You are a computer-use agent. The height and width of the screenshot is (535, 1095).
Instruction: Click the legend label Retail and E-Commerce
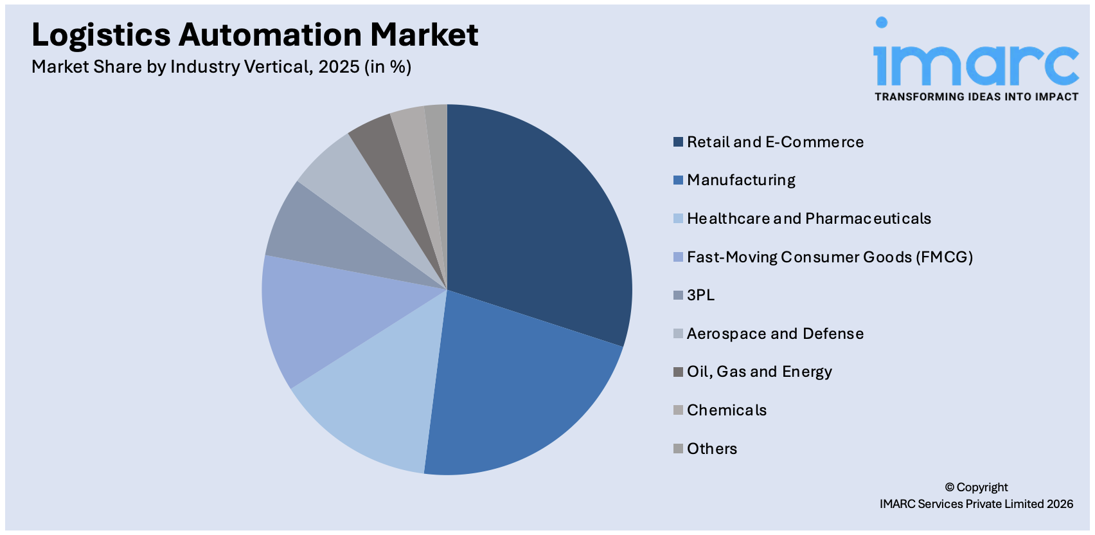[x=775, y=142]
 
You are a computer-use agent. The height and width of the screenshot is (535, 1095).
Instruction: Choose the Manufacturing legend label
[x=741, y=180]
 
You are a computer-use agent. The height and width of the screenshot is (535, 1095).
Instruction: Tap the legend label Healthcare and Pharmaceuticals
[x=808, y=219]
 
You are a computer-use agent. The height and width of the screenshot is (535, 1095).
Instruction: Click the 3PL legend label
[x=700, y=295]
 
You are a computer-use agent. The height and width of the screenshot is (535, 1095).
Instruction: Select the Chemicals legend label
[x=727, y=410]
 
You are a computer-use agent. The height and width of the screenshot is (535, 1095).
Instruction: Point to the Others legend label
[x=712, y=449]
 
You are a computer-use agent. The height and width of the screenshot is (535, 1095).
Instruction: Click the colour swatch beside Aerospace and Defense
[x=678, y=334]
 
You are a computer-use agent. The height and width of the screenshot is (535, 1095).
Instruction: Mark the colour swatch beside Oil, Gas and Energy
[x=678, y=372]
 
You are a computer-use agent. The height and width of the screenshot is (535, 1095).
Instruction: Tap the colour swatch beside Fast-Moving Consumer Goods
[x=678, y=257]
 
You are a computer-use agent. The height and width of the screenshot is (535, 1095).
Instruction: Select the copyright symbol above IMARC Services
[x=949, y=487]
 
